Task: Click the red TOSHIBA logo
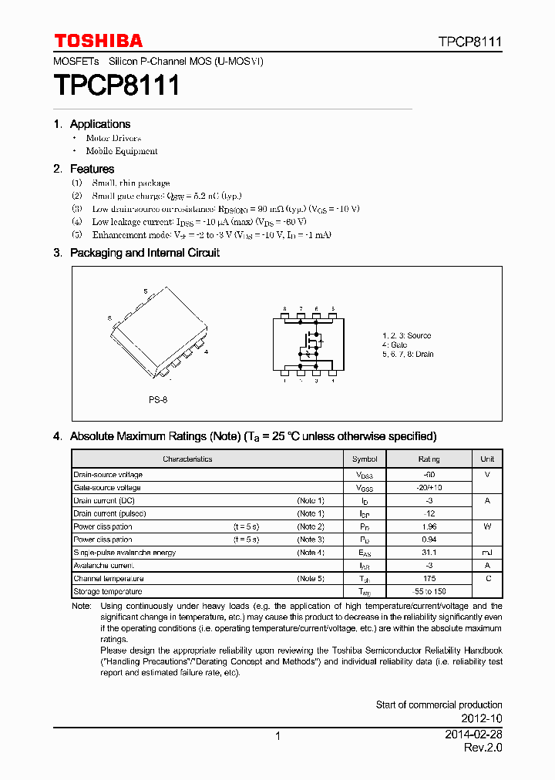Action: [x=98, y=41]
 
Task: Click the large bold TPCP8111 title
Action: [x=116, y=85]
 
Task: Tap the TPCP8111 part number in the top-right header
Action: [x=470, y=42]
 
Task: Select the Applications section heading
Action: [x=100, y=124]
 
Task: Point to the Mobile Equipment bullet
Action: [x=122, y=151]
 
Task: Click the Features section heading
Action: [x=92, y=169]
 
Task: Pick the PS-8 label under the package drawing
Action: [x=158, y=400]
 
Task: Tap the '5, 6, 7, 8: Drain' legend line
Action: [x=408, y=355]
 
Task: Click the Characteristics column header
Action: [x=187, y=459]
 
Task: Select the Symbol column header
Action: [x=365, y=459]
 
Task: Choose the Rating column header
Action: [x=429, y=459]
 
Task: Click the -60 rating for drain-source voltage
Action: [x=429, y=475]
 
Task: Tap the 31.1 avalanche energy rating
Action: [x=429, y=553]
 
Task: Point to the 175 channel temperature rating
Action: [x=429, y=578]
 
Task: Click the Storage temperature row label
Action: [x=107, y=591]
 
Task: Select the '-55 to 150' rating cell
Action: [x=429, y=591]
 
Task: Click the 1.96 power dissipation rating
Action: [x=429, y=526]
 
